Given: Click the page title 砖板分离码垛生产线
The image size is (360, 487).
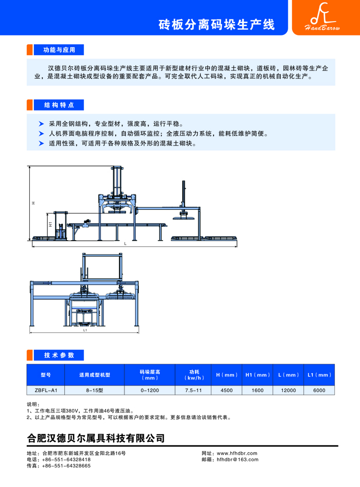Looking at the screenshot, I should pos(216,25).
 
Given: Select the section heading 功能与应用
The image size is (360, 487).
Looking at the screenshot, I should pos(55,50).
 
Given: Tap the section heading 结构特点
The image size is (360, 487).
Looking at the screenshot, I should pos(55,105).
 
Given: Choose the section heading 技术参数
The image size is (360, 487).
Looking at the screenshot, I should pos(55,355).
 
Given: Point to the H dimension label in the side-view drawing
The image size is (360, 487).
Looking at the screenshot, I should pos(33,204).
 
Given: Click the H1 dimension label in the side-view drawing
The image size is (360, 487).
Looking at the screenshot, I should pos(49,225).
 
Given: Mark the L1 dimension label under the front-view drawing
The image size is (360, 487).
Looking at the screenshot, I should pos(85,331).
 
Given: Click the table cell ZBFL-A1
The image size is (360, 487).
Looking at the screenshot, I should pos(45,390).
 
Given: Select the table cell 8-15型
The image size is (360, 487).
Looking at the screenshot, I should pos(94,390).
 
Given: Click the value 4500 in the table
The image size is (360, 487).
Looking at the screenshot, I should pos(226,390).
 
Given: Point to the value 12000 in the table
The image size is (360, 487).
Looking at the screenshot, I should pos(288,390).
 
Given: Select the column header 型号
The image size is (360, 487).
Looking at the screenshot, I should pos(45,375).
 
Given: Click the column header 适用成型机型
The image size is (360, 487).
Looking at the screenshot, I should pos(94,375).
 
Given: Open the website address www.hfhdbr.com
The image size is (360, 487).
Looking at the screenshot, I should pos(237,453).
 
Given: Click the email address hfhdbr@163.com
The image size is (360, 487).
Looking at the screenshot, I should pos(238,459).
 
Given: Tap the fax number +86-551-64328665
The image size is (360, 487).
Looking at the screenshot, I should pos(66,465).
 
